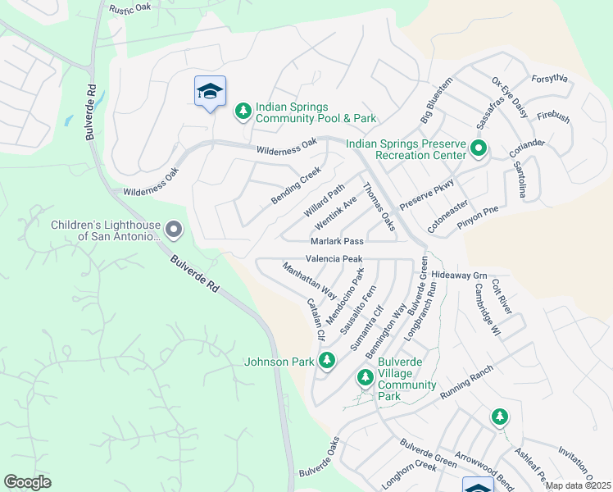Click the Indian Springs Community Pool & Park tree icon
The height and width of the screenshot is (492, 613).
[243, 110]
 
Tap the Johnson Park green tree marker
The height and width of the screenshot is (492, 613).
[327, 360]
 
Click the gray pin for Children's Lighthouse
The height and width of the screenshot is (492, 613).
[173, 229]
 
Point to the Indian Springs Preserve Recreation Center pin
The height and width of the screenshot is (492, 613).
[479, 148]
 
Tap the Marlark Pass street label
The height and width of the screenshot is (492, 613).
[337, 241]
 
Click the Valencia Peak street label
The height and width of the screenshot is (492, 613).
[334, 258]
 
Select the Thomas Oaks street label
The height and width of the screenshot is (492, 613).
[379, 207]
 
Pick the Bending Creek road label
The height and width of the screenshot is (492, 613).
[296, 187]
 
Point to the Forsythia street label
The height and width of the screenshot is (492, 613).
[549, 79]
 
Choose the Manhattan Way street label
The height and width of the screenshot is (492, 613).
[309, 280]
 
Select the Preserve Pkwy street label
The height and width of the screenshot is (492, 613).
[426, 194]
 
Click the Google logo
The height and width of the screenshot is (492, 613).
[27, 482]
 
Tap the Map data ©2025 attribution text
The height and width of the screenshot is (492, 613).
[578, 485]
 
